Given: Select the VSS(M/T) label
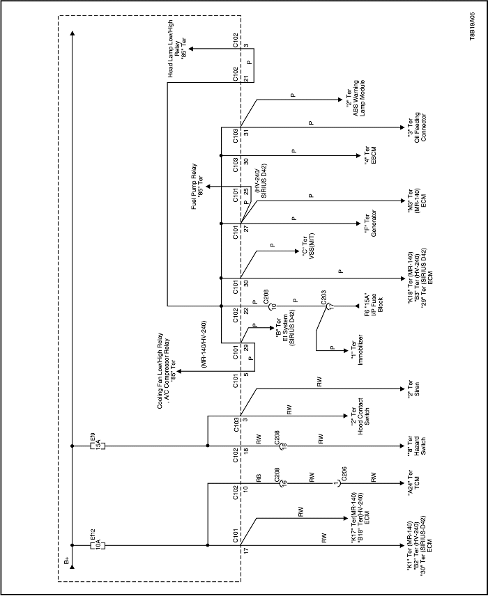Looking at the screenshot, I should (x=308, y=247).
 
